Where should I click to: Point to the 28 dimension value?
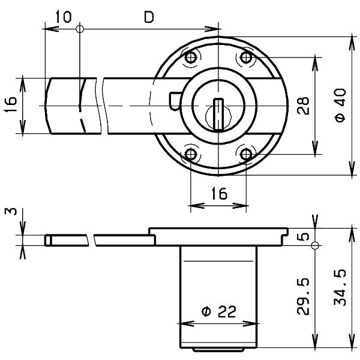[x=303, y=106]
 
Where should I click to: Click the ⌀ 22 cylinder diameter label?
[x=218, y=311]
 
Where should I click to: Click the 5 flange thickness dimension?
[x=304, y=236]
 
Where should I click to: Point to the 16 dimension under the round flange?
[x=218, y=193]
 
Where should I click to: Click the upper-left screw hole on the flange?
[x=191, y=58]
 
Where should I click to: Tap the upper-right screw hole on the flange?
[x=246, y=58]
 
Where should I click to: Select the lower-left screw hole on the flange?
[x=191, y=155]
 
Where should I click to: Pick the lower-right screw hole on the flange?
[x=246, y=155]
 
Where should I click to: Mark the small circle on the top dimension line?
[x=80, y=28]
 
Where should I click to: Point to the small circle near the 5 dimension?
[x=315, y=243]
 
